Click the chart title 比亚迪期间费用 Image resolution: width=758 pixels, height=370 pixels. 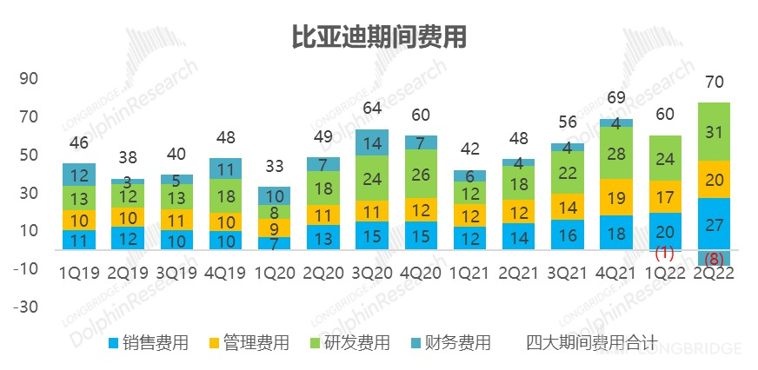click(379, 37)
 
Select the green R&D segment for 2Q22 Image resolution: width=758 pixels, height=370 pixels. click(713, 131)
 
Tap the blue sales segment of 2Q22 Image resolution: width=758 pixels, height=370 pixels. click(713, 225)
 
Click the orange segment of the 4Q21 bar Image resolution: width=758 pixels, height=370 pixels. click(615, 197)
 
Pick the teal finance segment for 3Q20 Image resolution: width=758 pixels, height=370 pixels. click(372, 142)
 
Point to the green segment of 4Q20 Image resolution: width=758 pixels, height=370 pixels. click(421, 174)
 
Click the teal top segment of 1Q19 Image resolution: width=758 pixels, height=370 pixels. click(79, 175)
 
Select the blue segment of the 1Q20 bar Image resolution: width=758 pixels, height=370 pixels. click(275, 243)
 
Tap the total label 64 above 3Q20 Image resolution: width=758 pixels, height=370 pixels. click(372, 109)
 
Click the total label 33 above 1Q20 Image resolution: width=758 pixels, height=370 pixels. click(275, 166)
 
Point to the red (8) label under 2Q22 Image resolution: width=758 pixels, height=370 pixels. click(713, 258)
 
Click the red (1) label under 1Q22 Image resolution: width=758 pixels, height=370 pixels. click(664, 253)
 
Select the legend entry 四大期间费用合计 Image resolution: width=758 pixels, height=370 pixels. click(591, 343)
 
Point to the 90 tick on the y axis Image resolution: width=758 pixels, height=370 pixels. click(29, 79)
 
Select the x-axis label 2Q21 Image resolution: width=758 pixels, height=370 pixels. click(518, 273)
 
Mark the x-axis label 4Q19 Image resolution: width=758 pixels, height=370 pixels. click(225, 273)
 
